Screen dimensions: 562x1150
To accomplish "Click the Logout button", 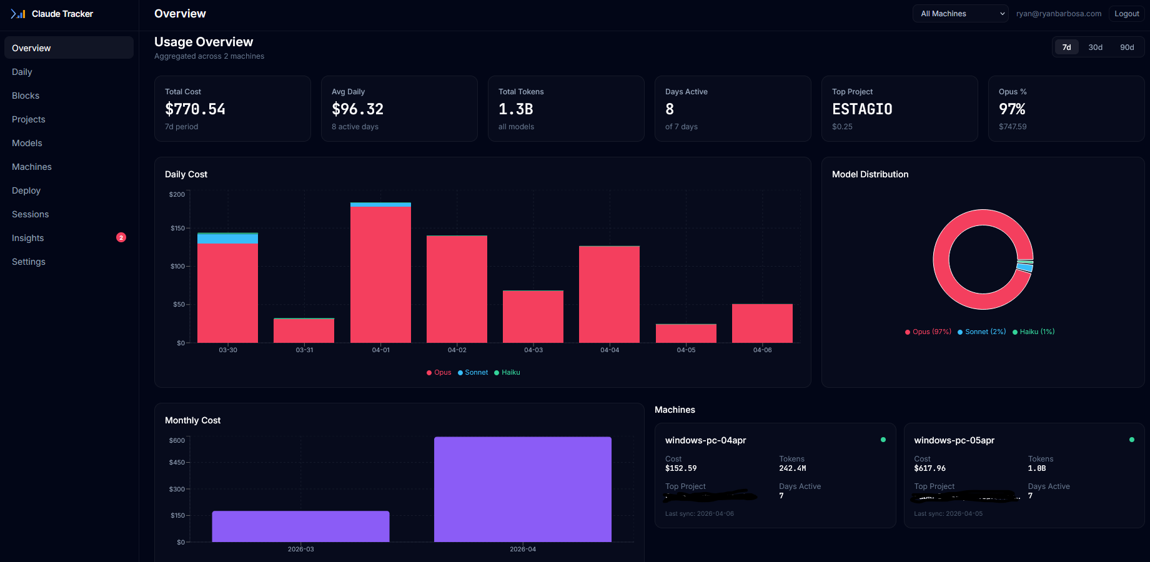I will point(1126,14).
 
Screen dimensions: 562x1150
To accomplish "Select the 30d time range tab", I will point(1095,47).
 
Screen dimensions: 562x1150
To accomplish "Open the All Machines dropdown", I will point(960,14).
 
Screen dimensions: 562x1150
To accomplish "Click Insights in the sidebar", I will point(28,238).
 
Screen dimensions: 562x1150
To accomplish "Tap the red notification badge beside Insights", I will point(121,237).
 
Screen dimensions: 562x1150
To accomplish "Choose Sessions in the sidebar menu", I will point(30,214).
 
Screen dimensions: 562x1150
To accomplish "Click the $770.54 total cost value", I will point(195,109).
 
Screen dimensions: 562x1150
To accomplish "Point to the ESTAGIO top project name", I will point(862,109).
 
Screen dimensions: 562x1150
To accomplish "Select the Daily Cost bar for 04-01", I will point(380,275).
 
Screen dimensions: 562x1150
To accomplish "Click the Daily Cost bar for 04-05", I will point(686,333).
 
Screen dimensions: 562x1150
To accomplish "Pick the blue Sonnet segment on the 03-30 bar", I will point(227,239).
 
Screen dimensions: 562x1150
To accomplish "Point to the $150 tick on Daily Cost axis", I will point(177,229).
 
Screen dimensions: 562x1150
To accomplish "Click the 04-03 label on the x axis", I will point(533,350).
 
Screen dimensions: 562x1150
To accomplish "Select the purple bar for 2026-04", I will point(522,490).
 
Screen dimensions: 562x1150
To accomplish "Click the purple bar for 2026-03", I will point(300,526).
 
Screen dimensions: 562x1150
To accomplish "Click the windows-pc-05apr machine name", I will point(954,441).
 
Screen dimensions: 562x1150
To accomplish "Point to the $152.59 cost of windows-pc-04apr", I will point(681,468).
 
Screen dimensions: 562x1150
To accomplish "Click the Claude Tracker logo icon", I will point(18,14).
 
